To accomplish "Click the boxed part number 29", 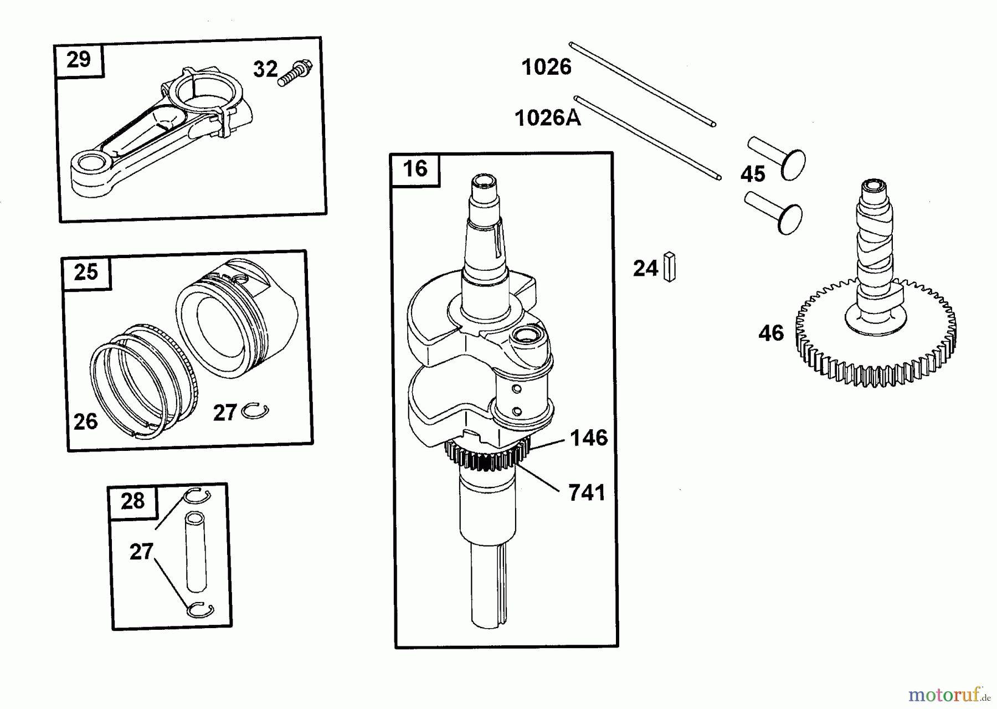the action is (x=78, y=59).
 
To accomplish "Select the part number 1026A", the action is (x=548, y=118).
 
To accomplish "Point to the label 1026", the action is (x=546, y=67).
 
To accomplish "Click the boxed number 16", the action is (x=415, y=168).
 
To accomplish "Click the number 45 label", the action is (x=753, y=174).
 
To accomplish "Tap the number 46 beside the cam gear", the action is (x=771, y=333).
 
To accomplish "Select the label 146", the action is (x=589, y=438).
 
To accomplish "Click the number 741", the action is (x=587, y=492).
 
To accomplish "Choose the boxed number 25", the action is (x=85, y=271).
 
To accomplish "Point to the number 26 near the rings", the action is (x=85, y=422).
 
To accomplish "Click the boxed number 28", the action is (x=132, y=501).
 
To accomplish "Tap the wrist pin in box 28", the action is (x=196, y=552).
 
